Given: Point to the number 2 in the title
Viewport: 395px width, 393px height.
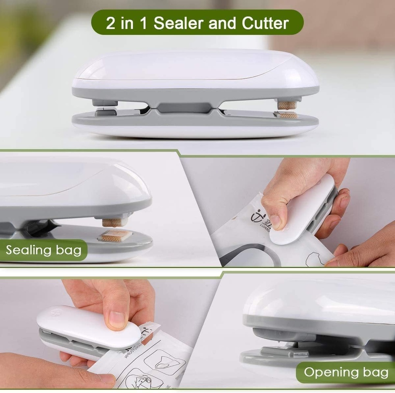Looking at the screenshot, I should (110, 23).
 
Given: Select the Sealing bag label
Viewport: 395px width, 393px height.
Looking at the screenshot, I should (44, 250).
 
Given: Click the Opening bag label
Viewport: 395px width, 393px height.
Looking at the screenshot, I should (346, 372).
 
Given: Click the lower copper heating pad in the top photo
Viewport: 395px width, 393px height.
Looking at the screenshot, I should (288, 115).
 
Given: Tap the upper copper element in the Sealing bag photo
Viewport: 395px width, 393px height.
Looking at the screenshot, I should (113, 222).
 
